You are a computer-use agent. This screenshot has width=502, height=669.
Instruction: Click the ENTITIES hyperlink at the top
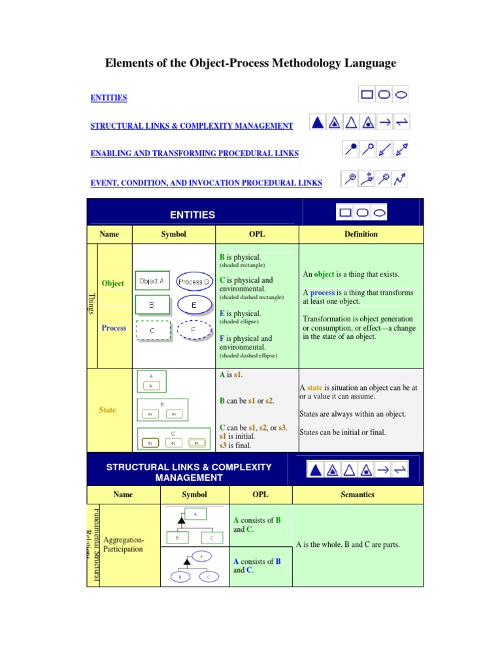click(x=109, y=98)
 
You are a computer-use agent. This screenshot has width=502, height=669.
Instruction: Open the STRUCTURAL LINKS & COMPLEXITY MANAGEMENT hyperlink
click(x=192, y=125)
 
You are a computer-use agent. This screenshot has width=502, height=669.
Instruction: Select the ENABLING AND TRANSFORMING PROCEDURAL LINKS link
click(x=194, y=154)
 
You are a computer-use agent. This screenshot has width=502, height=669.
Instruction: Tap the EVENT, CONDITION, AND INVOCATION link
click(x=206, y=184)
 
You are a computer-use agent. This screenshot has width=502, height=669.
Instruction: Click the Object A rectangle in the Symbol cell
click(x=152, y=282)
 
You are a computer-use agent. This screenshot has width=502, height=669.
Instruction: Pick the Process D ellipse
click(x=194, y=282)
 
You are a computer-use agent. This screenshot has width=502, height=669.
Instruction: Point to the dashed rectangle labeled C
click(x=152, y=330)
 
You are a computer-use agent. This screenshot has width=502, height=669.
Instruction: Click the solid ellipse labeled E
click(x=194, y=305)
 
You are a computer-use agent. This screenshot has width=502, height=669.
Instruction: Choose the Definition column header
click(x=361, y=234)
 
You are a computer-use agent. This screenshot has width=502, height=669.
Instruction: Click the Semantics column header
click(x=358, y=495)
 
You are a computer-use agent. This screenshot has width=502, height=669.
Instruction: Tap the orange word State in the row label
click(x=108, y=410)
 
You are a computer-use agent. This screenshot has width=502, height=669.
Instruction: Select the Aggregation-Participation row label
click(x=124, y=545)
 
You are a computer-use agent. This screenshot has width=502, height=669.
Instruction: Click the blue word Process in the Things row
click(x=114, y=328)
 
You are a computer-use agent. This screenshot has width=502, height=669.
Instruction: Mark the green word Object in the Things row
click(x=113, y=284)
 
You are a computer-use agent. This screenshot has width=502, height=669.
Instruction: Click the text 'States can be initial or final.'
click(x=343, y=432)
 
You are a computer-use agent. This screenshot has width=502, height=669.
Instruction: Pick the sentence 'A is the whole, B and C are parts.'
click(x=348, y=545)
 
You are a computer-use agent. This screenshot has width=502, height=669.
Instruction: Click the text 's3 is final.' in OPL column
click(x=235, y=446)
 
